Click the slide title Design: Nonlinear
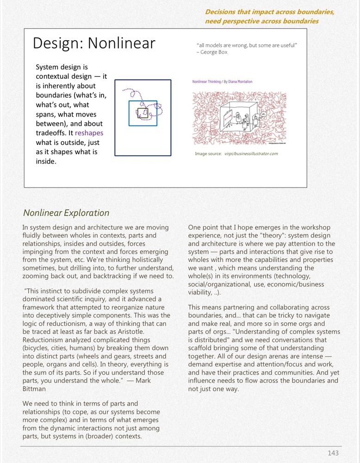(x=94, y=43)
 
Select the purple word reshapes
(x=89, y=133)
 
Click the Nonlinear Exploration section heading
(x=66, y=213)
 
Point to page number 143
(x=333, y=453)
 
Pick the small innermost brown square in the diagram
(x=143, y=113)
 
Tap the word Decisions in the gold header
(x=222, y=12)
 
